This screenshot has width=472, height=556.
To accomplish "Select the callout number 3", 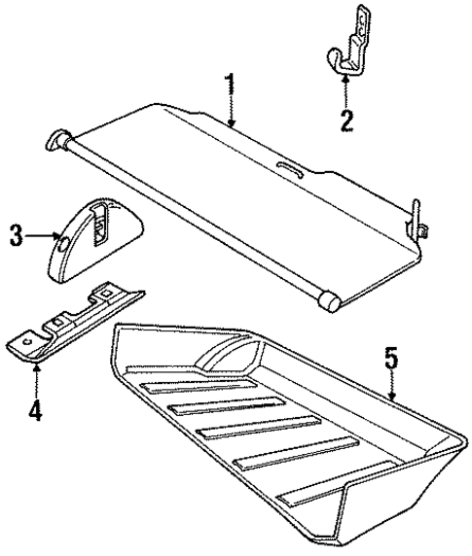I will coord(16,234).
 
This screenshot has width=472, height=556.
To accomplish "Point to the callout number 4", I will coord(35,410).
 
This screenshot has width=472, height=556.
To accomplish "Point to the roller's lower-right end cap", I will coord(333,301).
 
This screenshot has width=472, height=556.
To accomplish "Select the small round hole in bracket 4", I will coord(29,339).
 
